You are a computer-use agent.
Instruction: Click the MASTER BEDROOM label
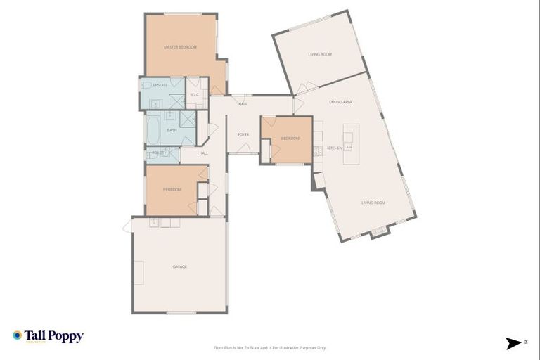[x=180, y=47]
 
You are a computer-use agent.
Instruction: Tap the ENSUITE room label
[x=160, y=85]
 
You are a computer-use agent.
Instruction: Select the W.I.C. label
[x=195, y=94]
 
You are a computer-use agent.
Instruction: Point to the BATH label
[x=172, y=131]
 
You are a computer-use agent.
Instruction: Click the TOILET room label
[x=156, y=153]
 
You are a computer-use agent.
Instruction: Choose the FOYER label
[x=243, y=134]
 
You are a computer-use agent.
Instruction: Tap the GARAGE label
[x=180, y=266]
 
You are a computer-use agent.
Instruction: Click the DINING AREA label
[x=340, y=103]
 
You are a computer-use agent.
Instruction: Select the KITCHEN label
[x=334, y=148]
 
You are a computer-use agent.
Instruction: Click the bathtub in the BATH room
[x=154, y=130]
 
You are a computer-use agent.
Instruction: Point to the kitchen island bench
[x=351, y=143]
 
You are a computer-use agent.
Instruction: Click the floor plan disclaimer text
[x=269, y=347]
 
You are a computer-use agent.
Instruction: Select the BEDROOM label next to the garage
[x=172, y=190]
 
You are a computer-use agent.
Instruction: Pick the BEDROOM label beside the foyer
[x=290, y=139]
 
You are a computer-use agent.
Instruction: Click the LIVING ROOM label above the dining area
[x=320, y=54]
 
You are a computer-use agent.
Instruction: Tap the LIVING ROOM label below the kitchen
[x=373, y=202]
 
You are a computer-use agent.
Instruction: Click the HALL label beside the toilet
[x=204, y=153]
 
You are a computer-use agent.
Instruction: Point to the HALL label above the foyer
[x=243, y=104]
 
